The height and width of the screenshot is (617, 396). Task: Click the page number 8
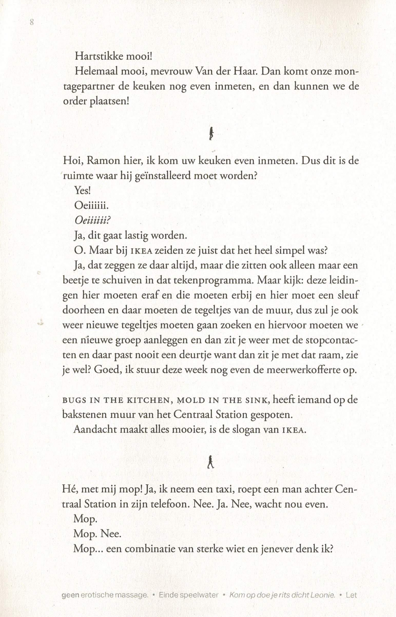point(32,22)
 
